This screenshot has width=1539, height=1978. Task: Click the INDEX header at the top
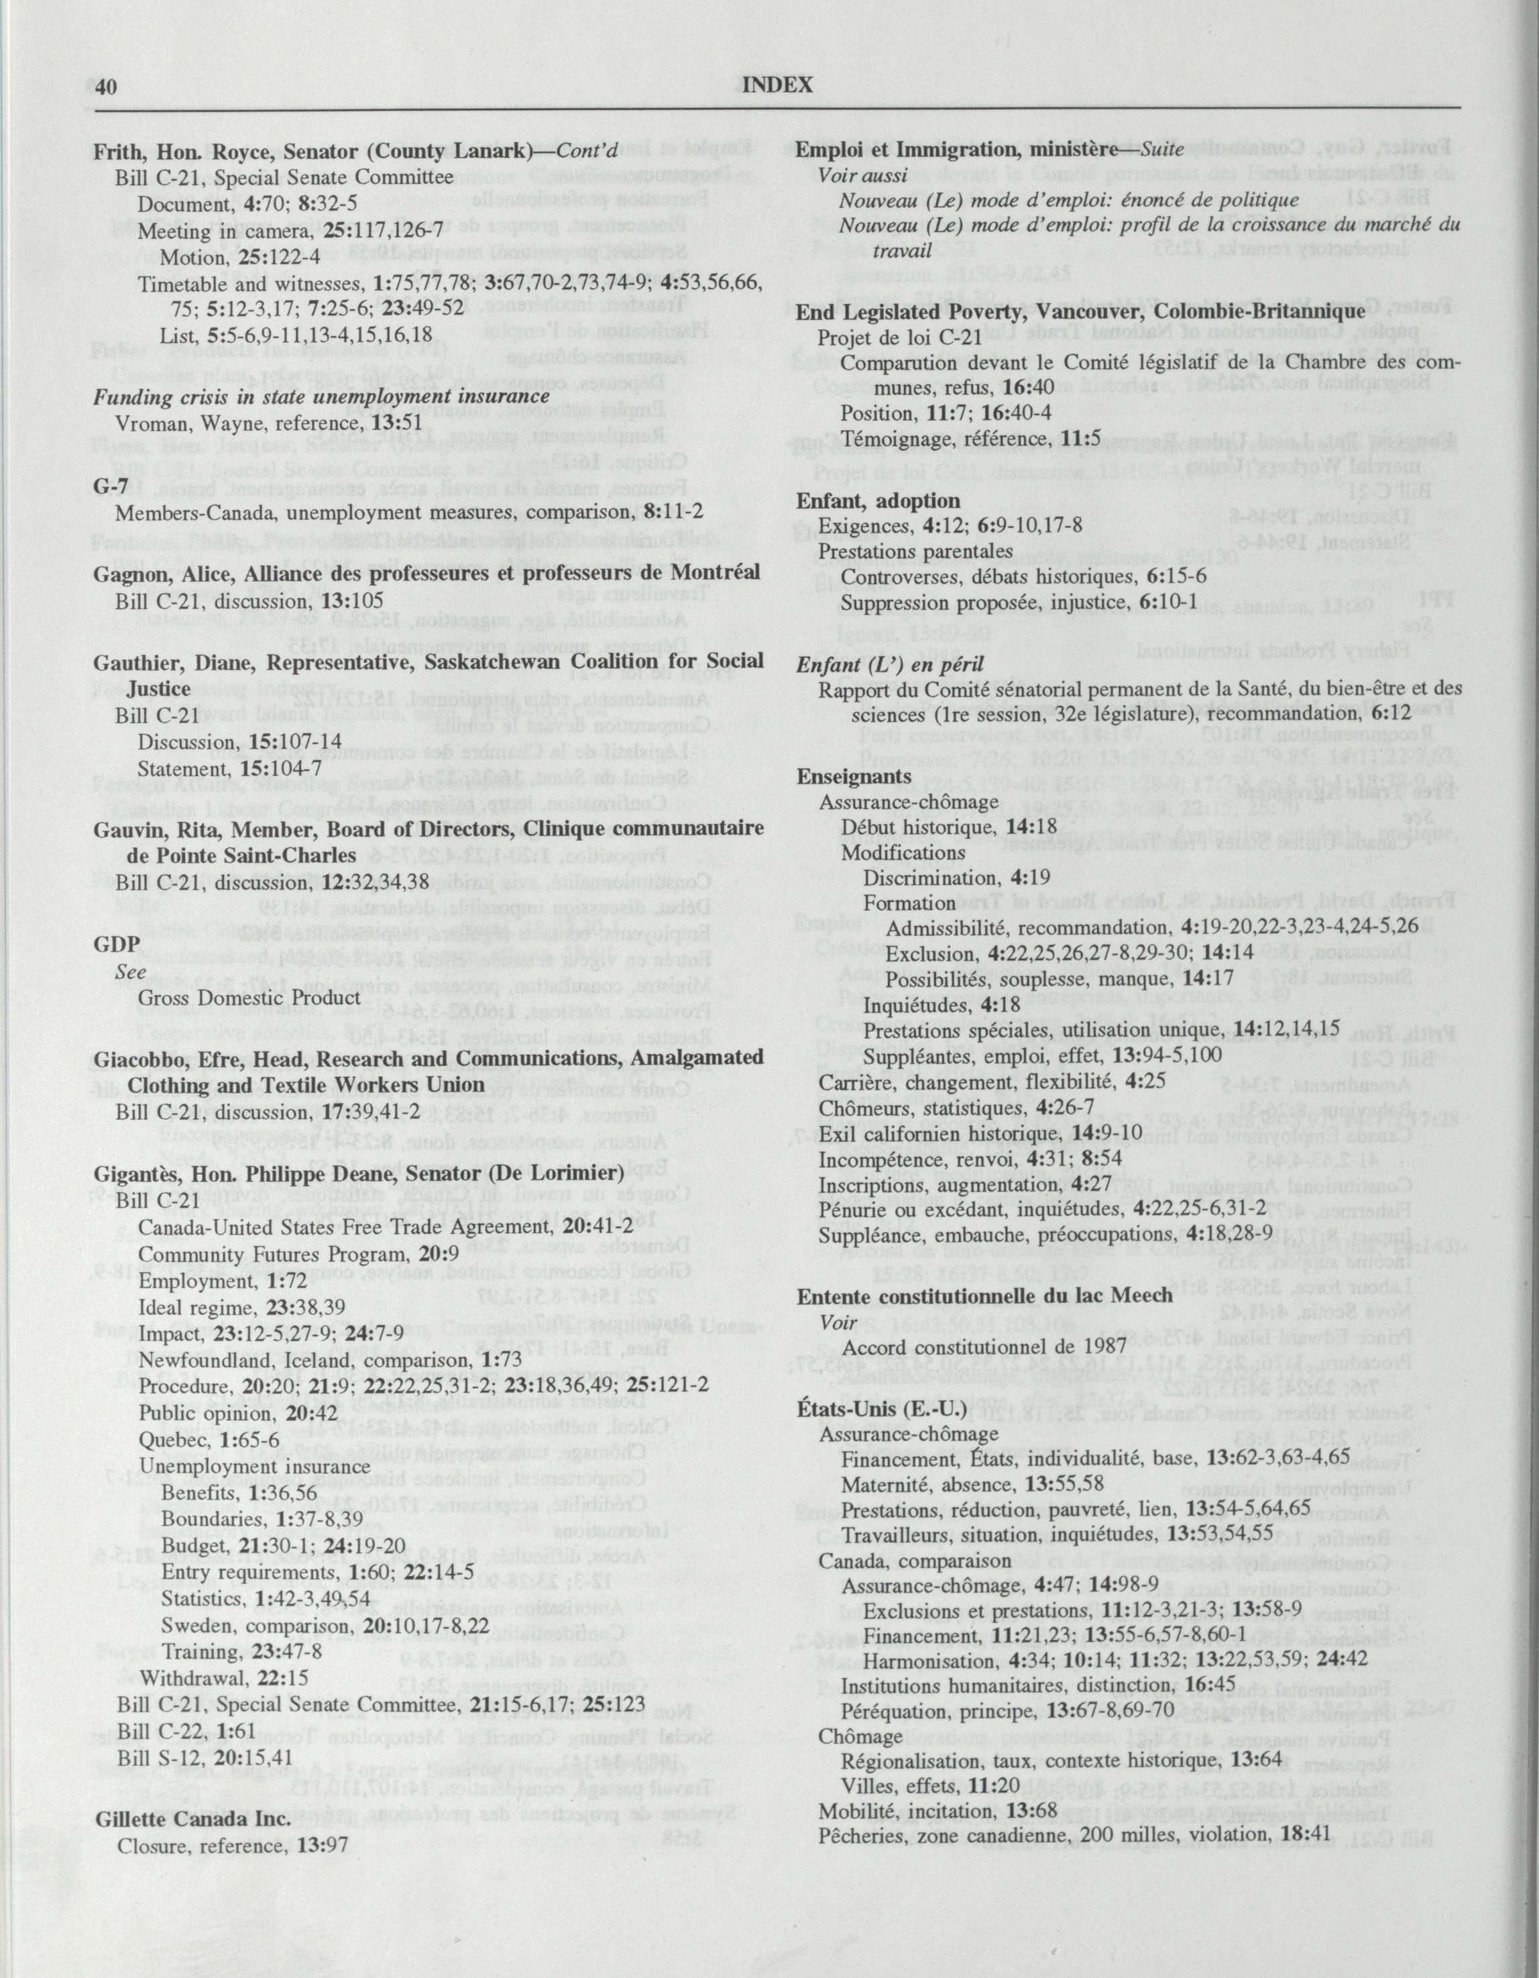point(777,85)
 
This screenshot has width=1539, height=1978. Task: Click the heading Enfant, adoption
point(877,501)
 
